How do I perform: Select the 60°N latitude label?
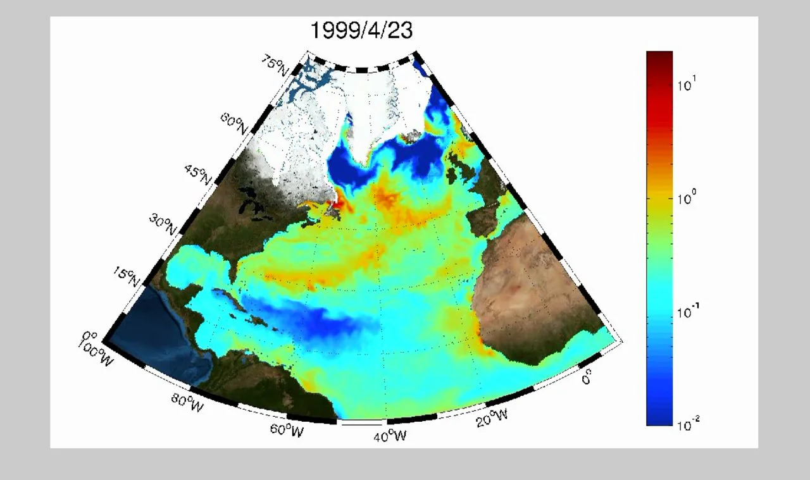(235, 123)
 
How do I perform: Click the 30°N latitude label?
(163, 225)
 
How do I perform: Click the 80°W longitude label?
(188, 403)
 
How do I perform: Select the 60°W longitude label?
(287, 430)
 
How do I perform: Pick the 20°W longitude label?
(492, 417)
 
